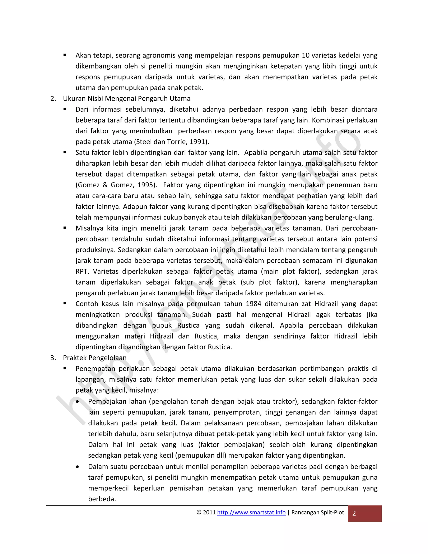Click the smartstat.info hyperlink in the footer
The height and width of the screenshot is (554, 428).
(x=251, y=512)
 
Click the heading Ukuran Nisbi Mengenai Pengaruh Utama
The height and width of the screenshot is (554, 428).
(x=126, y=98)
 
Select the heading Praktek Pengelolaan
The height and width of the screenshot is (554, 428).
(x=95, y=358)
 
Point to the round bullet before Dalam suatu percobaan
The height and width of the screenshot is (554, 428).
(x=77, y=467)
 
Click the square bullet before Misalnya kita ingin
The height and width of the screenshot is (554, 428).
(x=65, y=228)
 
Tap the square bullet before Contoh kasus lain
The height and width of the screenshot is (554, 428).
(x=65, y=303)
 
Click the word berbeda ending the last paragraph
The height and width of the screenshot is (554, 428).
(x=102, y=499)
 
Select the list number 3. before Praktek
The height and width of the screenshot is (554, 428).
(x=53, y=358)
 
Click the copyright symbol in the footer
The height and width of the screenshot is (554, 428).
(x=199, y=512)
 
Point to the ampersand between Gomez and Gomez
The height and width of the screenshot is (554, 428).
(x=105, y=185)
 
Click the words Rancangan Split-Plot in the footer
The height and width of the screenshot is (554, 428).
(x=317, y=512)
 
